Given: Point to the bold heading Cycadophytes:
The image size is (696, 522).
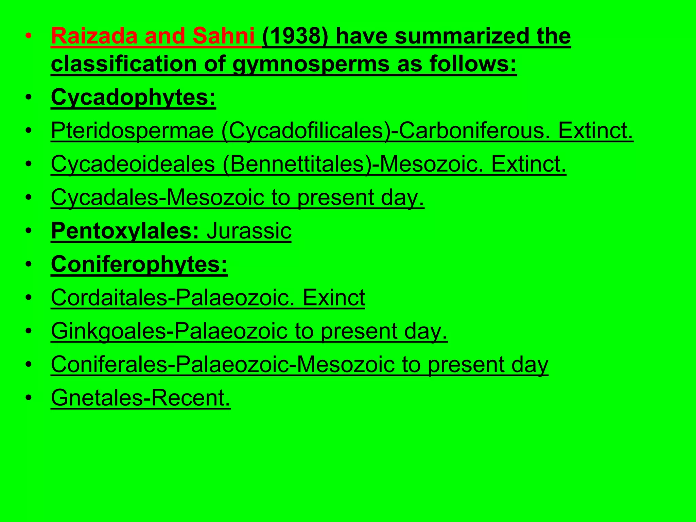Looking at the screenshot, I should (133, 97).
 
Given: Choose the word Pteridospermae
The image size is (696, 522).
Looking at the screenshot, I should (132, 130).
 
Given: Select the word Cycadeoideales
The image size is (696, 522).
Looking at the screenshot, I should (133, 164).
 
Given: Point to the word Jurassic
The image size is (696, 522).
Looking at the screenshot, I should (249, 231).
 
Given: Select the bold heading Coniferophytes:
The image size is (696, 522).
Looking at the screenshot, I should (139, 264).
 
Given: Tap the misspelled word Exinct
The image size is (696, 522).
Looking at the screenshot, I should (334, 298).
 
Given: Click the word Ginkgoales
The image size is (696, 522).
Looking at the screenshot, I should (108, 331).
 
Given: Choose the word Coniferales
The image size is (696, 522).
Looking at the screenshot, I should (110, 364).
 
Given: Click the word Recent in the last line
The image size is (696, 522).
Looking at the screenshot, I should (191, 398).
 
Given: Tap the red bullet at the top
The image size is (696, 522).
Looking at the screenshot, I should (29, 36).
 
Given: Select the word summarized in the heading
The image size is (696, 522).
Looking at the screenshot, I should (460, 36).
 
